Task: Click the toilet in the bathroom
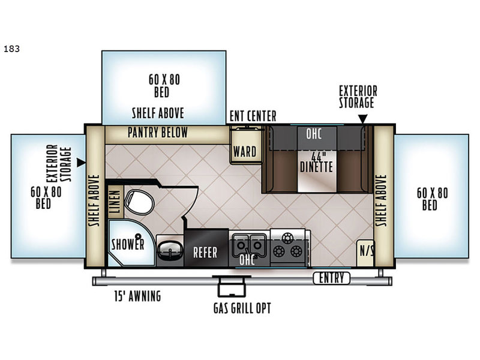139,202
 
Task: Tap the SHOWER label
128,244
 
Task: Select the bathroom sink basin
170,251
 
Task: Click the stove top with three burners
288,247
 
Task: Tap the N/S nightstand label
366,251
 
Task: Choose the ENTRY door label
332,278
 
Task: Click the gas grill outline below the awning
232,286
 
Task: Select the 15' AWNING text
137,296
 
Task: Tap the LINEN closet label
115,202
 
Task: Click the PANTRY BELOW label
158,133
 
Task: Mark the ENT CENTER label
253,116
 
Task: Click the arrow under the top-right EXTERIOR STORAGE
363,119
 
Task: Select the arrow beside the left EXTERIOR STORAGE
81,163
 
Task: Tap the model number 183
11,49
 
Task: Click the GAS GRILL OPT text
242,308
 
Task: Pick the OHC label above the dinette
314,134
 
